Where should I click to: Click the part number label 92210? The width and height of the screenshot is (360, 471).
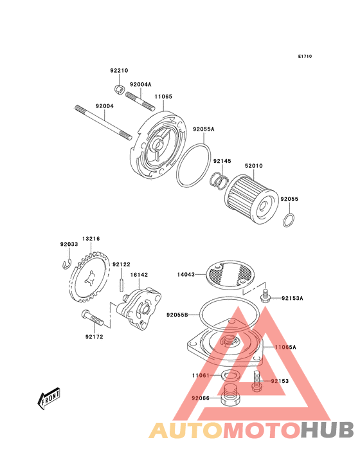[119, 71]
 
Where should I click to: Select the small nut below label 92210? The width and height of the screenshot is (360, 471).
[119, 89]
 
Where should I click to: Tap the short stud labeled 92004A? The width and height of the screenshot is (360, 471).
[139, 100]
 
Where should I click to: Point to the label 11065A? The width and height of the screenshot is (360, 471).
[285, 347]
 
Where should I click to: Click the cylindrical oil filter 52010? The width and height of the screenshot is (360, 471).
[251, 199]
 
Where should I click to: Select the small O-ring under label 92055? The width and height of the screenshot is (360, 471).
[288, 220]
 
